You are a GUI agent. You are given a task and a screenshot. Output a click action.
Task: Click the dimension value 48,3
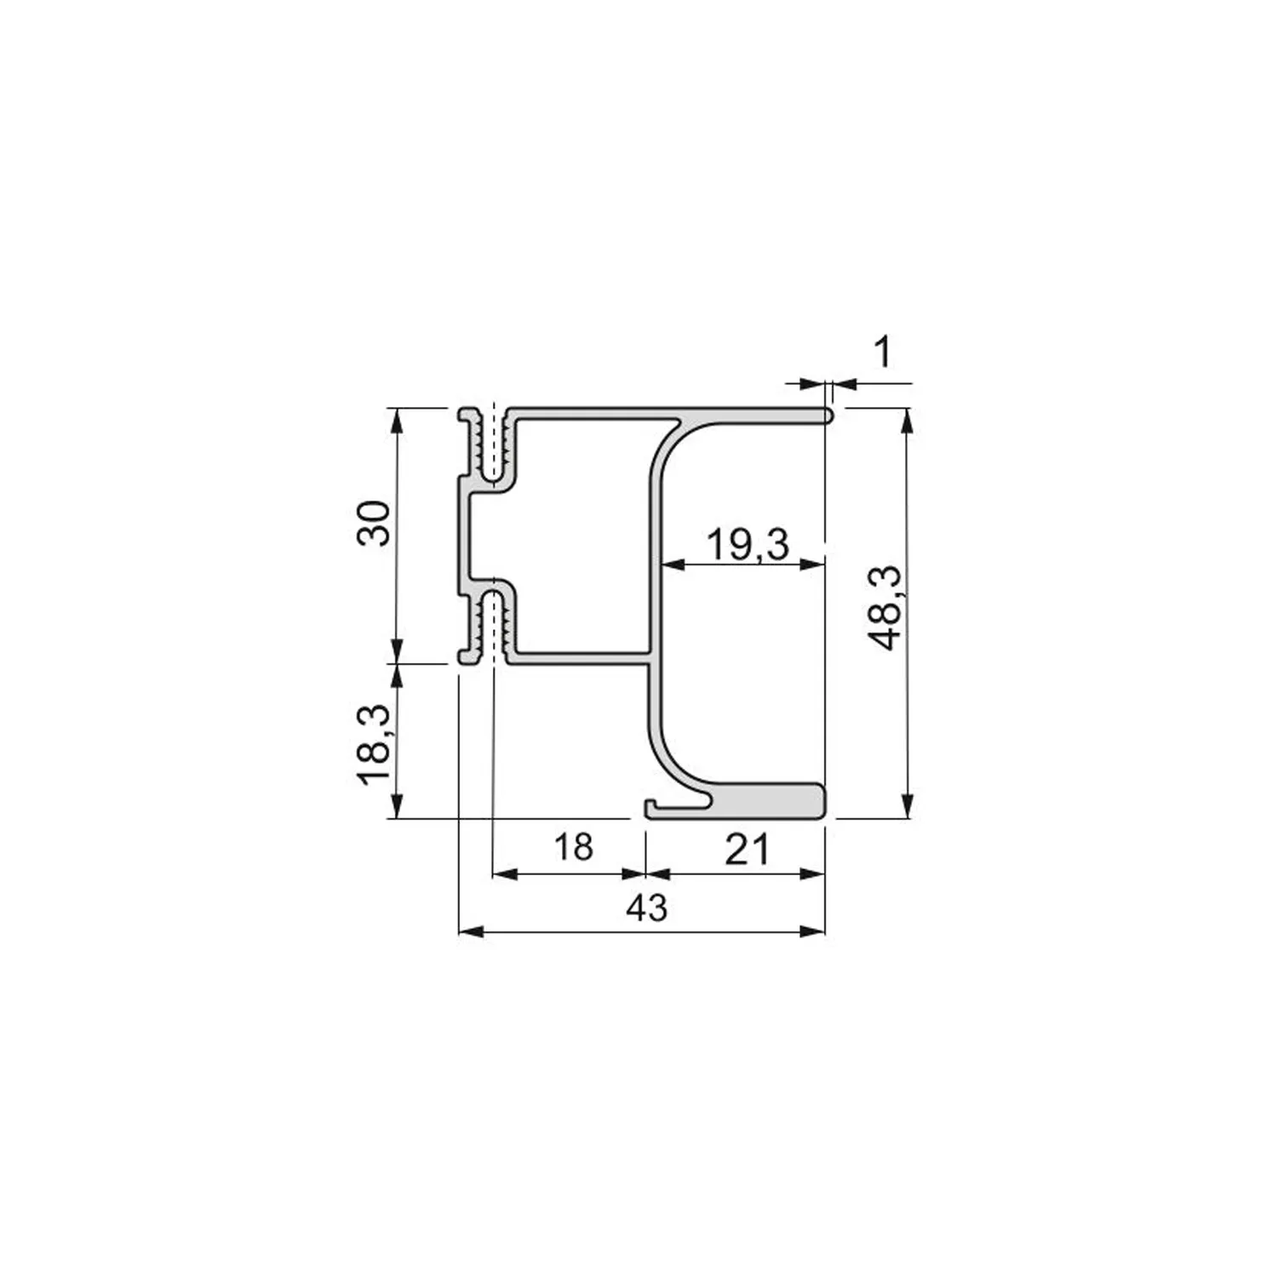click(x=888, y=608)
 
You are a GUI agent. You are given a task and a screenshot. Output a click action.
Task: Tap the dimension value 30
click(x=373, y=524)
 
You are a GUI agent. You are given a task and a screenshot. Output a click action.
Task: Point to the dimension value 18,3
click(x=373, y=745)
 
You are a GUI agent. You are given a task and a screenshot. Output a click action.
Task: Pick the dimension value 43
click(x=647, y=908)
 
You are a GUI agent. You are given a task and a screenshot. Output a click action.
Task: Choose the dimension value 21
click(x=747, y=849)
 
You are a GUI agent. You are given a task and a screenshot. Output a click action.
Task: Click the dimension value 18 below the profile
click(x=573, y=847)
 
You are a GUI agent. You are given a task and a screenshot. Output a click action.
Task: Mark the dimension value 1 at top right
click(x=884, y=352)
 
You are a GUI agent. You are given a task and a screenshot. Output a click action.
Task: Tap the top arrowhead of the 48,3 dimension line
click(x=908, y=421)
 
